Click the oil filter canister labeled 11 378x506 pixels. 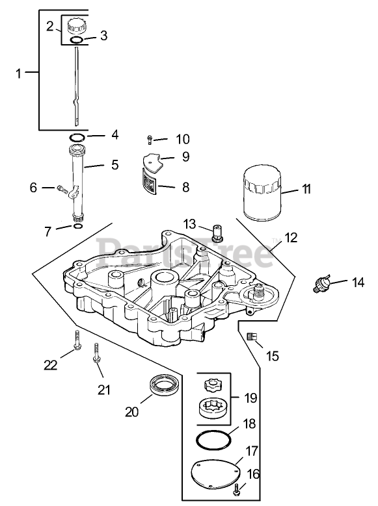[x=262, y=193]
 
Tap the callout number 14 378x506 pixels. [x=358, y=283]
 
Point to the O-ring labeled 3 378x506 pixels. [x=77, y=40]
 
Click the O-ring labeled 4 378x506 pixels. [x=77, y=137]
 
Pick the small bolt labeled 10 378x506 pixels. [x=150, y=140]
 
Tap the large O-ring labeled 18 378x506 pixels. [x=213, y=439]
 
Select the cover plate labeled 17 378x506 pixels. [x=216, y=474]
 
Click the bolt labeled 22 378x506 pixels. [x=77, y=340]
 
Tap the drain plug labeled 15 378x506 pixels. [x=252, y=336]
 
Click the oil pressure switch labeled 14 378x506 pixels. [x=322, y=283]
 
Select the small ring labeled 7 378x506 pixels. [x=78, y=226]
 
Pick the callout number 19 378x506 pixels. [x=250, y=398]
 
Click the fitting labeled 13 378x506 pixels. [x=217, y=233]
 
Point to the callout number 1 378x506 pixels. [x=18, y=73]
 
